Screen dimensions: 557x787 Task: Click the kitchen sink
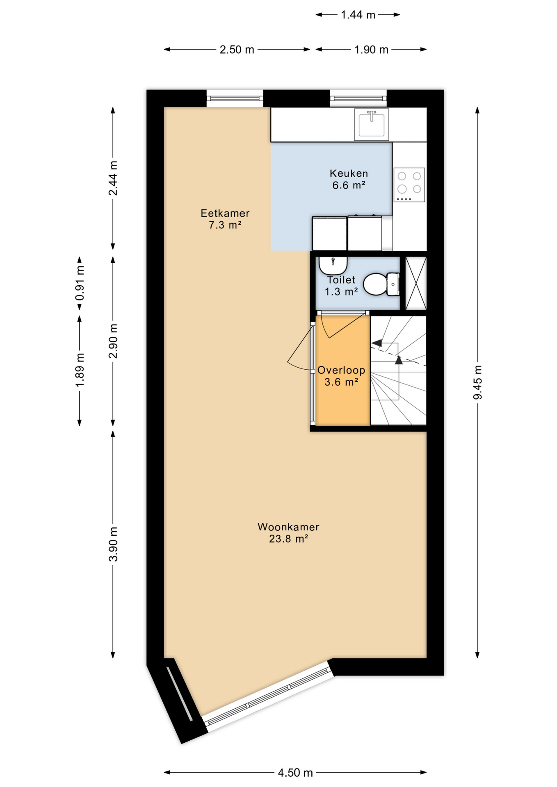pos(371,124)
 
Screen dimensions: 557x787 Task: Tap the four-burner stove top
pos(409,184)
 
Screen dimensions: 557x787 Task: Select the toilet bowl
pos(381,284)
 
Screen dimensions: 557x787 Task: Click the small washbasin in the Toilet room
pos(333,265)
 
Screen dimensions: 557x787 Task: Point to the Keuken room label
pos(349,173)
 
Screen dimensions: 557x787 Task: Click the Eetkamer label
pos(225,213)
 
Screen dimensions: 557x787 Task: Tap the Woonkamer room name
pos(288,527)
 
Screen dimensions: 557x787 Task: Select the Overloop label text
pos(341,370)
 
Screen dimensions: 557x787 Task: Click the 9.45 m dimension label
pos(477,382)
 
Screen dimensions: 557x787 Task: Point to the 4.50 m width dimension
pos(295,773)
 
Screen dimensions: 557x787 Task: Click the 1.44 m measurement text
pos(358,15)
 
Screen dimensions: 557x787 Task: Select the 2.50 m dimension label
pos(237,50)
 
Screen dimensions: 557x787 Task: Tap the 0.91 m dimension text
pos(80,283)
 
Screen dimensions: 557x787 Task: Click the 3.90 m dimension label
pos(113,544)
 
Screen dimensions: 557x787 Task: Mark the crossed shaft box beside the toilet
pos(416,283)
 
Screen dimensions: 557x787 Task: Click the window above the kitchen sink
pos(358,98)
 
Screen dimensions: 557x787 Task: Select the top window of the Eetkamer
pos(235,98)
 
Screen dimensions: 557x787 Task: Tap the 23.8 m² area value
pos(288,539)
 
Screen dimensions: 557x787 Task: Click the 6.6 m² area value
pos(349,185)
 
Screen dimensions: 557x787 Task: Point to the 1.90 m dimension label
pos(371,50)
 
